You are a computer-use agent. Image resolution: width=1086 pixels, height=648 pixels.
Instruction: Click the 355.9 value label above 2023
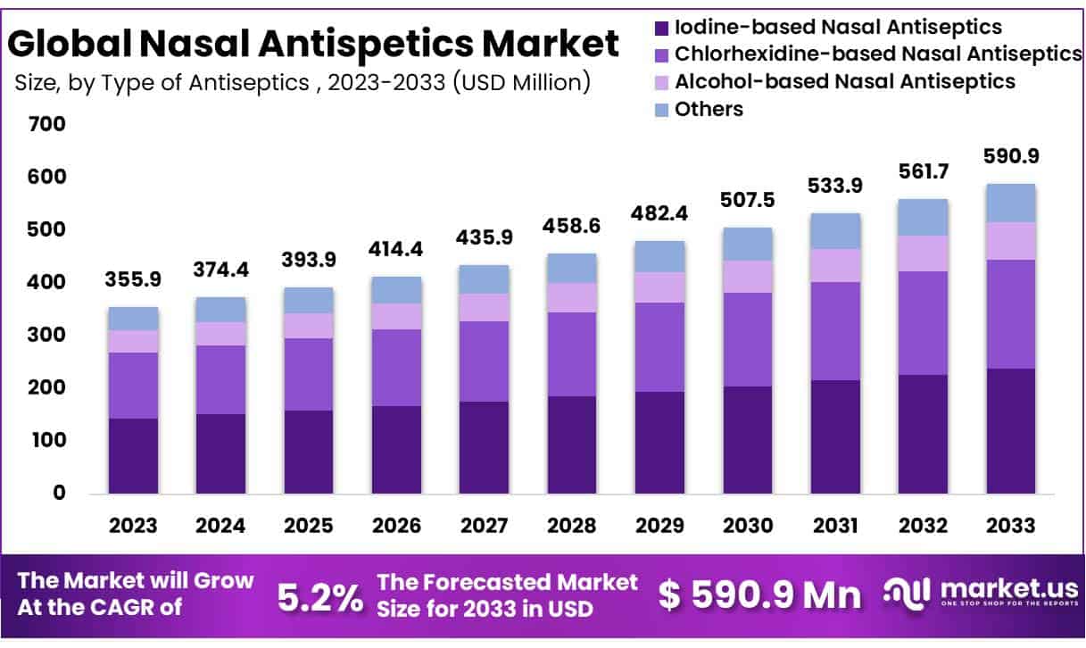(134, 279)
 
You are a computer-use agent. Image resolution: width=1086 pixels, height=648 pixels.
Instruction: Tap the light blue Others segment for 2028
(572, 268)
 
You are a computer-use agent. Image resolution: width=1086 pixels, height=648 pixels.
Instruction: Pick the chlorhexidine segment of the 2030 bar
(747, 339)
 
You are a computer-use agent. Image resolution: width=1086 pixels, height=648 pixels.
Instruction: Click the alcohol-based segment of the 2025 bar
(309, 325)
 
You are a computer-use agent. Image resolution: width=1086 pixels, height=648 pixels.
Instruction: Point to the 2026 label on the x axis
(396, 525)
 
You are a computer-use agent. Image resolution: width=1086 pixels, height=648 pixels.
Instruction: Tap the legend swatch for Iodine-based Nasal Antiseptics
(661, 28)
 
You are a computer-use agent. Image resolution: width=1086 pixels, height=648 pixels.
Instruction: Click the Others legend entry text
(709, 109)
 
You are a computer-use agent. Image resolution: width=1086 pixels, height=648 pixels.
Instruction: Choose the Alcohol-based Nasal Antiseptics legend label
(844, 81)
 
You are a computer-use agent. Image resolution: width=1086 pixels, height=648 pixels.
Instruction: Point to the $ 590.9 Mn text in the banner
(760, 595)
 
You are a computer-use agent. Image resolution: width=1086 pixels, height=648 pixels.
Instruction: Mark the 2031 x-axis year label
(834, 525)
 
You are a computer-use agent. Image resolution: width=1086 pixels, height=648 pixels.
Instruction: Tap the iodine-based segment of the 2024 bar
(221, 453)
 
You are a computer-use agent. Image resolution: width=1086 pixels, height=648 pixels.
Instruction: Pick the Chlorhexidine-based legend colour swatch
(661, 54)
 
